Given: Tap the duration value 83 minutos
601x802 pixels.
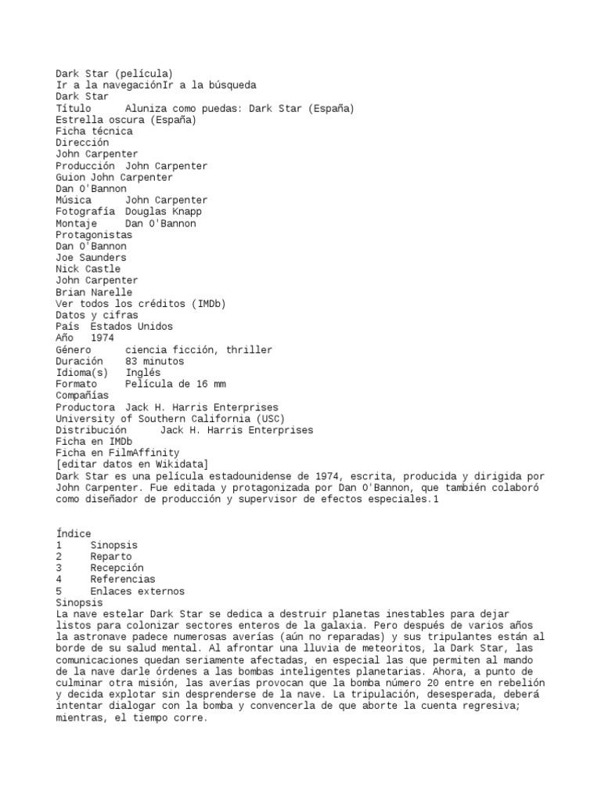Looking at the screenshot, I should click(x=154, y=361).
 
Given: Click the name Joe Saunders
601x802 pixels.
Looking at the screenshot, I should click(x=91, y=258).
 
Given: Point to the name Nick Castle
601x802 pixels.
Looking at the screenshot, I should click(x=88, y=269).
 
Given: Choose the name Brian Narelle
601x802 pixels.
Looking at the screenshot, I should click(x=94, y=292).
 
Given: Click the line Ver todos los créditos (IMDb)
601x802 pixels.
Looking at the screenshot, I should click(x=146, y=303).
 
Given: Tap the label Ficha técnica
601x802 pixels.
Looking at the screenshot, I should click(x=94, y=132).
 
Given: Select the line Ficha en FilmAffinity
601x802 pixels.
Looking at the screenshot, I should click(x=117, y=453).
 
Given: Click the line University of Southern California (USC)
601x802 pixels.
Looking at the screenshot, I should click(x=170, y=418).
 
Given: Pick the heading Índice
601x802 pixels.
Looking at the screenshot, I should click(x=74, y=533).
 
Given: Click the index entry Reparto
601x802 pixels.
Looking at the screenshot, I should click(x=111, y=556).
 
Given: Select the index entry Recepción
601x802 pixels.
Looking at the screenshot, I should click(x=117, y=568).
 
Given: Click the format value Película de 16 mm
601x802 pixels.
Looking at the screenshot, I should click(x=175, y=384).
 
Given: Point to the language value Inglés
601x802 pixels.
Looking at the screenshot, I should click(x=142, y=373).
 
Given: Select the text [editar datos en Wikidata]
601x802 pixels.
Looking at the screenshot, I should click(x=131, y=464).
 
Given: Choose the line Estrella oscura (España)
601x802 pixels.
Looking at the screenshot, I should click(x=126, y=120).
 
